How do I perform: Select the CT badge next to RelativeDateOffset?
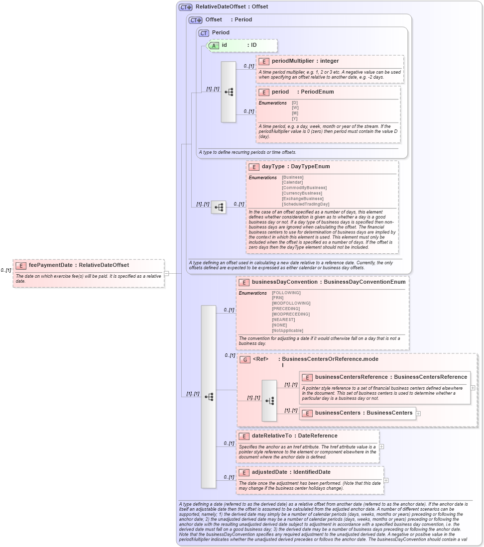(185, 7)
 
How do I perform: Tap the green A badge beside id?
(214, 45)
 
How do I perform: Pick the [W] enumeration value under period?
(295, 108)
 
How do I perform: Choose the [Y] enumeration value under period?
(295, 118)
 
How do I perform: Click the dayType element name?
(273, 166)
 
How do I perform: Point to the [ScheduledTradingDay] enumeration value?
(305, 204)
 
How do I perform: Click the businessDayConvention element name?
(284, 282)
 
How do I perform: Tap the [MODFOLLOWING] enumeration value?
(291, 303)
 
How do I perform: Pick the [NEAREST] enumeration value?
(284, 320)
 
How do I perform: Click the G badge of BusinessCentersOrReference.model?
(244, 359)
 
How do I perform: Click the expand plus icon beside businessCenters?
(418, 413)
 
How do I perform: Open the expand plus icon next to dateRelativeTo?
(381, 446)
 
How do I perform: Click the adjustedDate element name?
(269, 472)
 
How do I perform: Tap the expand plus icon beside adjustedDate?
(386, 480)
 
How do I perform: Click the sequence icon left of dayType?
(218, 207)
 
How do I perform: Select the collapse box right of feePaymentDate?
(166, 273)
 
